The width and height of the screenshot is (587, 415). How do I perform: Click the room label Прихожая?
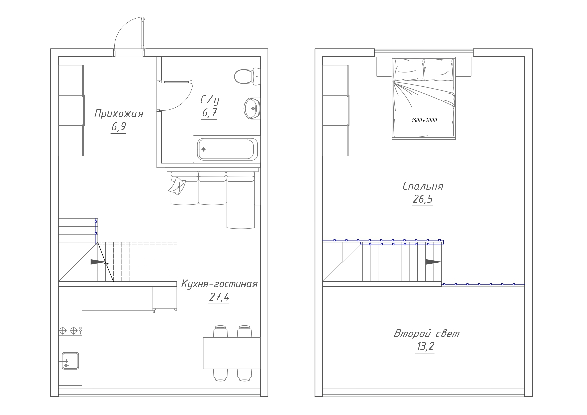click(119, 114)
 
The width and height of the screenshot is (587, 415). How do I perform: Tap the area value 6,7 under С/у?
click(210, 113)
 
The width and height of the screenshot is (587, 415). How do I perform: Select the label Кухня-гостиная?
click(219, 284)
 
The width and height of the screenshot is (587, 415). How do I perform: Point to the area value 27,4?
click(219, 297)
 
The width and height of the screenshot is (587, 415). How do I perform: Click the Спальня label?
click(423, 186)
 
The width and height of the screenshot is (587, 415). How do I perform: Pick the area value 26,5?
click(423, 199)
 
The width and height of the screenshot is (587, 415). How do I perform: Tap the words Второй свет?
click(426, 334)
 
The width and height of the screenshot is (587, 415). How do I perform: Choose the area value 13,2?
click(425, 347)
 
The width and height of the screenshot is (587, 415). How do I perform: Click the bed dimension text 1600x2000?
click(424, 120)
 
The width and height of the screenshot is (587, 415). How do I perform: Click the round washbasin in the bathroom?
click(252, 108)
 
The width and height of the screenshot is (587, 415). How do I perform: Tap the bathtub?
click(226, 149)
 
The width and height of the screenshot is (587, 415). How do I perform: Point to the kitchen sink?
click(70, 361)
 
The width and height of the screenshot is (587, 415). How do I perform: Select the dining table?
click(231, 353)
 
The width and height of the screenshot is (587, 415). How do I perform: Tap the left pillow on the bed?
click(409, 70)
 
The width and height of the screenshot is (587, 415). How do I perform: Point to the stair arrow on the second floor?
click(434, 262)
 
